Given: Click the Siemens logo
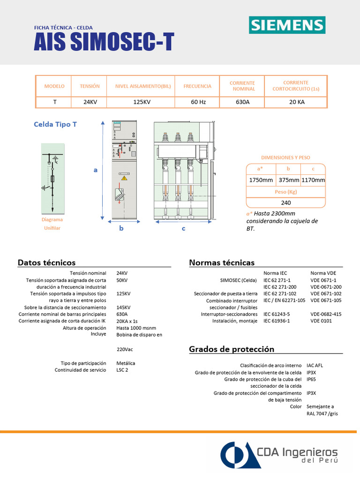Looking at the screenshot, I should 287,25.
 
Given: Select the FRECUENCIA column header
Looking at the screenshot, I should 197,86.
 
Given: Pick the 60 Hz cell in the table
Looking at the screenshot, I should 197,102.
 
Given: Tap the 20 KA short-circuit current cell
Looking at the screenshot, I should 297,102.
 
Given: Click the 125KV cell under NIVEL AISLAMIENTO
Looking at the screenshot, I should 141,102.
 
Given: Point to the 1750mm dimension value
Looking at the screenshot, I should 261,180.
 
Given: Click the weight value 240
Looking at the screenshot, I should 286,203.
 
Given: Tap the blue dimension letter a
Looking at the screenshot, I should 95,170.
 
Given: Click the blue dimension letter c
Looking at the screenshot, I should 183,229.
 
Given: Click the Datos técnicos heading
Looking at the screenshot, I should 46,262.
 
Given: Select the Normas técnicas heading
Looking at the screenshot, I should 222,262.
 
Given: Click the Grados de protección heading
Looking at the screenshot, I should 232,349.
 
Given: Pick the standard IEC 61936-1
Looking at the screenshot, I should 277,321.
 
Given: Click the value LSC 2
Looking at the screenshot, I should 122,370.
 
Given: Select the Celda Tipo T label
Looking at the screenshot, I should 55,125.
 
